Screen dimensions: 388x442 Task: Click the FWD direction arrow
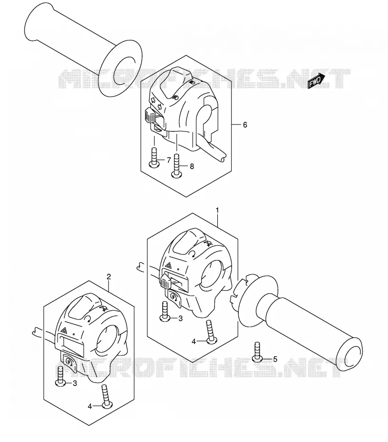(x=316, y=81)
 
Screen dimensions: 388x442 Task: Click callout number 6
(x=245, y=125)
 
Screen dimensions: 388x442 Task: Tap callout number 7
(x=169, y=160)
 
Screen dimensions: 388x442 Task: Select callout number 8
(x=192, y=166)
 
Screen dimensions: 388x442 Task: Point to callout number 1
(x=217, y=210)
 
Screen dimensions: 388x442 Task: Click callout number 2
(x=109, y=277)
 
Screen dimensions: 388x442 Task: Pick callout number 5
(x=275, y=359)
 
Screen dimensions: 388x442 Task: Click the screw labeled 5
(x=257, y=352)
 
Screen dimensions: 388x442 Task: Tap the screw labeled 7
(x=154, y=158)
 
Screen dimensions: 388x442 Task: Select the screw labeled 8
(x=177, y=166)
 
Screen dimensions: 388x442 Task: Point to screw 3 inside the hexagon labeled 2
(x=60, y=376)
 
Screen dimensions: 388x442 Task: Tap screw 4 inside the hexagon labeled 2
(x=106, y=396)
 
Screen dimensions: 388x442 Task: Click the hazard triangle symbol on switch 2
(x=64, y=329)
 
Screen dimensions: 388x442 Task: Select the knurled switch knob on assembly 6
(x=149, y=115)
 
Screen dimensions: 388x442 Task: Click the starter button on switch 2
(x=69, y=361)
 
